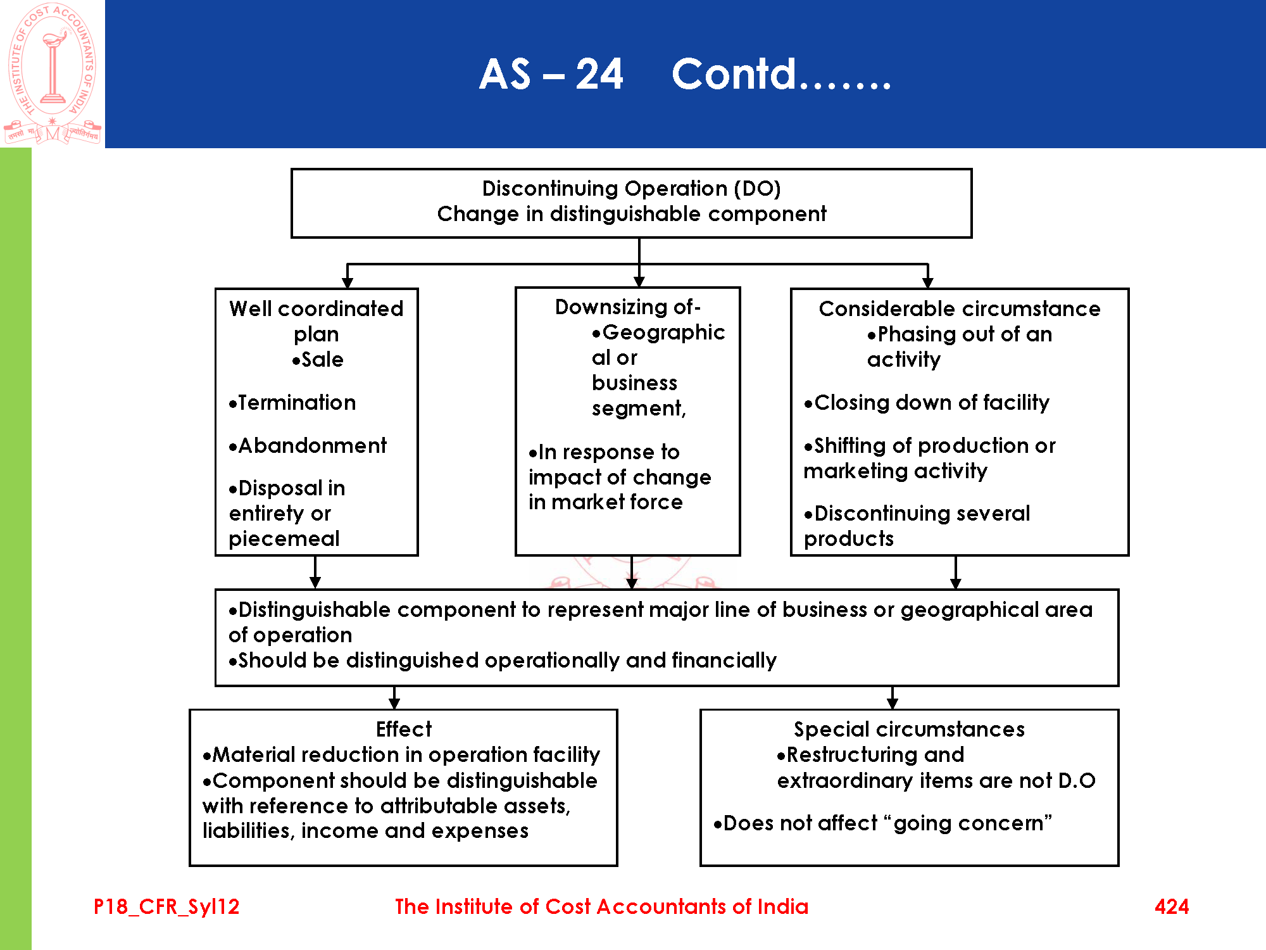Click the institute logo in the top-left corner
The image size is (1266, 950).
point(52,73)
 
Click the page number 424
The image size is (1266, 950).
point(1171,906)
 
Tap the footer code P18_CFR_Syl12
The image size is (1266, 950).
point(166,906)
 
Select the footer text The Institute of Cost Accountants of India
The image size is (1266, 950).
point(601,906)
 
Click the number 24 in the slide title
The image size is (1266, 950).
point(599,74)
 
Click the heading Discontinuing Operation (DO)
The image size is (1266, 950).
point(631,188)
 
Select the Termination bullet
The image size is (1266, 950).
point(292,402)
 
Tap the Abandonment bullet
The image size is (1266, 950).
point(308,445)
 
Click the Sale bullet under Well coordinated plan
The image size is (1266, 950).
point(318,359)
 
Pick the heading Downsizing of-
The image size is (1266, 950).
point(627,307)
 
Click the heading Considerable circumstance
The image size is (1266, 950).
point(959,308)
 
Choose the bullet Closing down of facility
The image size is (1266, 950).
point(927,402)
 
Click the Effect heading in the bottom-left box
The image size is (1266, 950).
point(403,729)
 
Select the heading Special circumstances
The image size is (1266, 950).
point(909,729)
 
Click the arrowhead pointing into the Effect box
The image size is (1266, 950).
point(394,704)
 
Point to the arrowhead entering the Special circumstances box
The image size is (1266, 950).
point(893,704)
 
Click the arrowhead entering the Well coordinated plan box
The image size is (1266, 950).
point(348,282)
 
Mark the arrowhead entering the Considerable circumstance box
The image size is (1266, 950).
point(928,282)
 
